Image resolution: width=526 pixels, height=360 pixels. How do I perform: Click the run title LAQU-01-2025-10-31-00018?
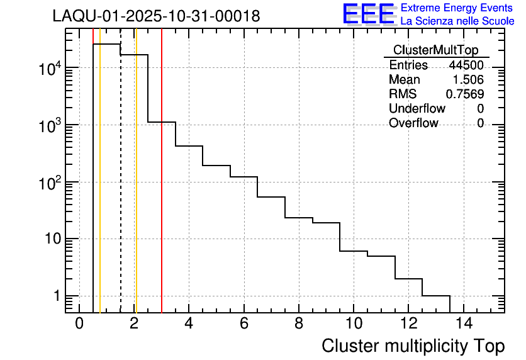(156, 16)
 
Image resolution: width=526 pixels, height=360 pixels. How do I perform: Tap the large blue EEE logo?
(368, 14)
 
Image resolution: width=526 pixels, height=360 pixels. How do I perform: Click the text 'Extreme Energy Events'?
(457, 8)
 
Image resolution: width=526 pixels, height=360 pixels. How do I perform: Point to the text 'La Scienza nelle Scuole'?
(457, 21)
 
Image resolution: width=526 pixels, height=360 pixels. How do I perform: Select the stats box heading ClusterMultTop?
(435, 50)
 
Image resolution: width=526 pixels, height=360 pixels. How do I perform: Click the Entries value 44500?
(466, 65)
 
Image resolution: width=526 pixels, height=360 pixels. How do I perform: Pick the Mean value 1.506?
(468, 80)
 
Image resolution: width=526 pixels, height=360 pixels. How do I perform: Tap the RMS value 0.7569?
(465, 94)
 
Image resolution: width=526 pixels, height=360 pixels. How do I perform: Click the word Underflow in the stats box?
(417, 109)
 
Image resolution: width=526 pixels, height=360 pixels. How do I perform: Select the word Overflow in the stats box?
(413, 123)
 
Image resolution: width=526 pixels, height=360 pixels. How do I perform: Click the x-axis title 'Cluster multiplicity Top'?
(413, 346)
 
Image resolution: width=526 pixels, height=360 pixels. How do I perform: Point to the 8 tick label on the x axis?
(299, 324)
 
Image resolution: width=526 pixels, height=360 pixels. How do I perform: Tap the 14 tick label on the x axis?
(463, 324)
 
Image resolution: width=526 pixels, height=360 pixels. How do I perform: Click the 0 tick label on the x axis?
(79, 324)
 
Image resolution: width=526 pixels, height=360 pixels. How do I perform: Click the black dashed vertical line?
(121, 189)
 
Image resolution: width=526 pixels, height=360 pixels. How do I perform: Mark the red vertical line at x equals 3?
(162, 189)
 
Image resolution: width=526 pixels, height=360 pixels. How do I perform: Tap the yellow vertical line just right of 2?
(136, 189)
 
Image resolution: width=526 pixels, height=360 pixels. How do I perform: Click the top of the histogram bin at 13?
(436, 296)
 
